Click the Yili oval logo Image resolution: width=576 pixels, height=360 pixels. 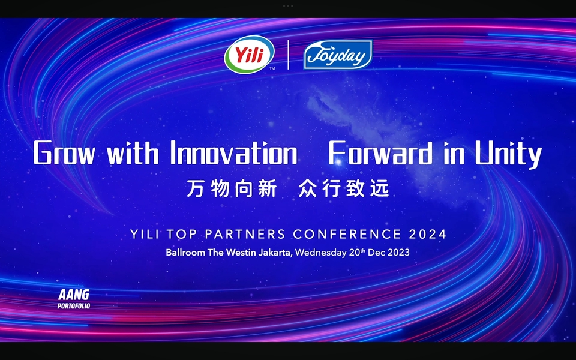point(250,55)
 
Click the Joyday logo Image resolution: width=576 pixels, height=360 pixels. point(338,55)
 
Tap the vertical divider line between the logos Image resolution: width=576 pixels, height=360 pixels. point(289,55)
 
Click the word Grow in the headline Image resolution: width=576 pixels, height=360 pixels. point(65,153)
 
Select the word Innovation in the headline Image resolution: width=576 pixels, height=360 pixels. point(233,152)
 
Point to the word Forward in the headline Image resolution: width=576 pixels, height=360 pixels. point(380,152)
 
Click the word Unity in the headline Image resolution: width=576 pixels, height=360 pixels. point(508,154)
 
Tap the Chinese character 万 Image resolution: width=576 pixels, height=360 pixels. point(195,189)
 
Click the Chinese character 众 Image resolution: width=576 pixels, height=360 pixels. point(307,189)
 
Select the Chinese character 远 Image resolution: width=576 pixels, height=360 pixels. point(380,189)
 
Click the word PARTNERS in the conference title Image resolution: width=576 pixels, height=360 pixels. point(245,235)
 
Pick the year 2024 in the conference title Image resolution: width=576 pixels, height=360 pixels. point(428,235)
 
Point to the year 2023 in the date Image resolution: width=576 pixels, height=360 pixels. point(398,253)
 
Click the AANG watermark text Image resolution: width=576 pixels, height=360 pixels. point(74,295)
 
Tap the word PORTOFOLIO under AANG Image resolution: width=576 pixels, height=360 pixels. point(74,305)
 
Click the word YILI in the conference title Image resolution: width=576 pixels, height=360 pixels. point(145,235)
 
